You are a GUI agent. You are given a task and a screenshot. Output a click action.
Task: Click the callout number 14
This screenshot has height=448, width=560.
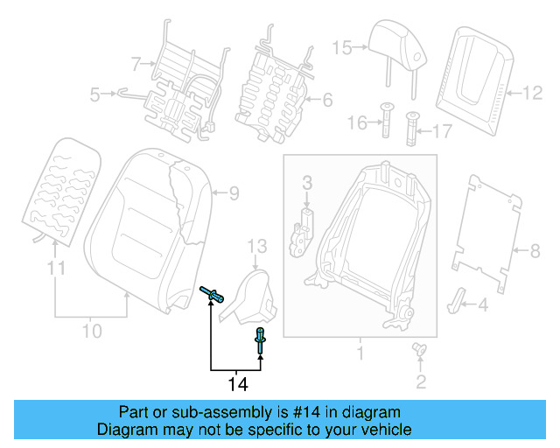(237, 383)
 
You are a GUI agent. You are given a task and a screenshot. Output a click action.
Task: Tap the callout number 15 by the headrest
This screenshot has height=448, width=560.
(341, 47)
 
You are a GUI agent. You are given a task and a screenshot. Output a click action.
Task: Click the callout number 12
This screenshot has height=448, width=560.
(532, 91)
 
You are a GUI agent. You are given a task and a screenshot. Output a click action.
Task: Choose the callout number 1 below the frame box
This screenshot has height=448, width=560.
(359, 353)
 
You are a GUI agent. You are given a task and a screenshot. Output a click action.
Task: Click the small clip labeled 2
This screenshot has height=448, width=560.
(419, 351)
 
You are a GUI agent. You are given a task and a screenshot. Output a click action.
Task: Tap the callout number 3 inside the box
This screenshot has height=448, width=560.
(307, 182)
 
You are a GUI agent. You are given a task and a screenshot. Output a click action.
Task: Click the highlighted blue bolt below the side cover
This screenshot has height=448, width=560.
(260, 339)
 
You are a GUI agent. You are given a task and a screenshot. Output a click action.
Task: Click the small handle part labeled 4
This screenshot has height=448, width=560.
(458, 299)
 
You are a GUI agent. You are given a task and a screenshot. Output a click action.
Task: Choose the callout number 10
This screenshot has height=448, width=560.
(91, 331)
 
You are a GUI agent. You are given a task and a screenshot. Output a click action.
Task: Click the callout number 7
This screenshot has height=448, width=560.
(136, 63)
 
